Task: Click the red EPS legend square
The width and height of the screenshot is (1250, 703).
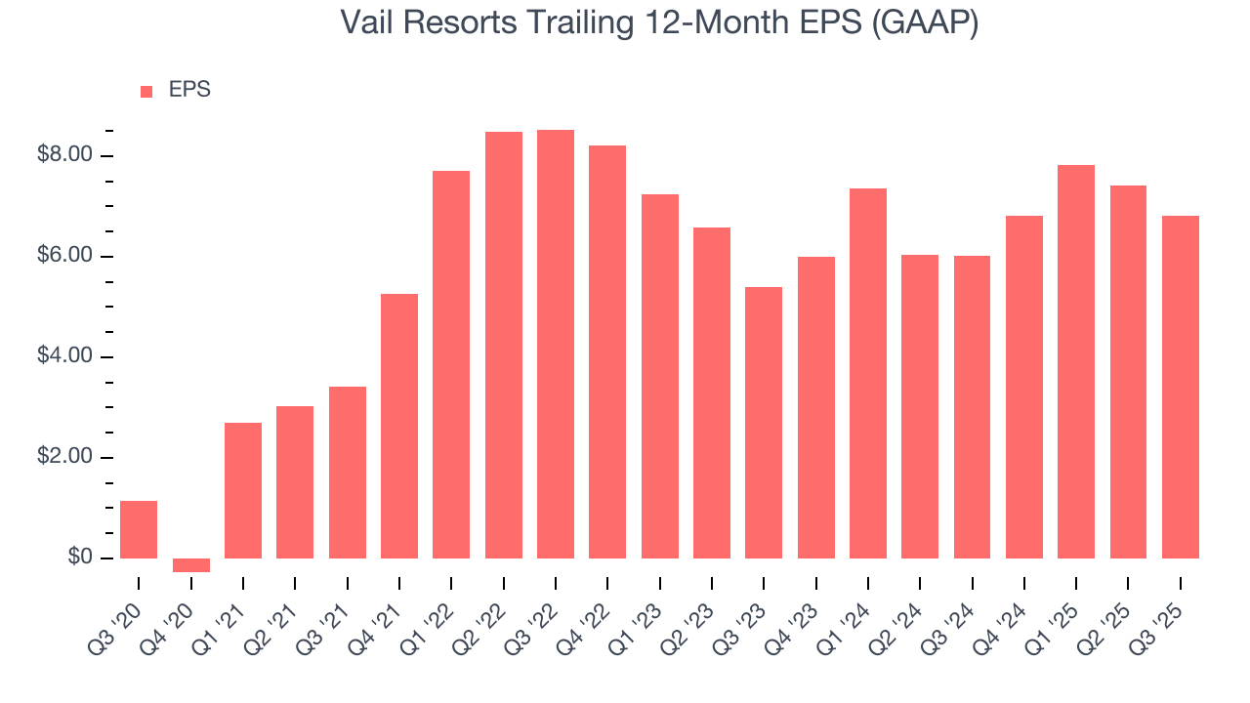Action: [x=146, y=91]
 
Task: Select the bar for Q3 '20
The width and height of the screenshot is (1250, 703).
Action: [x=139, y=529]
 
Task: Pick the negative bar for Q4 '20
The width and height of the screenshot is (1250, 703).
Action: [x=191, y=565]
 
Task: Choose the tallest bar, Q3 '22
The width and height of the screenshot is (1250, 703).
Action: [x=556, y=344]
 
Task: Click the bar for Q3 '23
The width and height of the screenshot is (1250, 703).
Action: [x=764, y=423]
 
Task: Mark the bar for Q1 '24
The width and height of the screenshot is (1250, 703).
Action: [x=868, y=373]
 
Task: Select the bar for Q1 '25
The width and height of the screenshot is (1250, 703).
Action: [x=1076, y=361]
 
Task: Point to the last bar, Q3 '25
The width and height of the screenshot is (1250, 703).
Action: [x=1181, y=387]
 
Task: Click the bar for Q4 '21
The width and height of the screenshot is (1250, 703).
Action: [x=399, y=426]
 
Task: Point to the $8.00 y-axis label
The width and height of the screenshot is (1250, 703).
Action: [x=64, y=155]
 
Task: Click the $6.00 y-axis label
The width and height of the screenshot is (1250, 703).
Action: [x=64, y=256]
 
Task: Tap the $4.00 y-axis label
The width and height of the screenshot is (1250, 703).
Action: [x=64, y=356]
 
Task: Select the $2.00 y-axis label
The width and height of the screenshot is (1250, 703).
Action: [x=64, y=457]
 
